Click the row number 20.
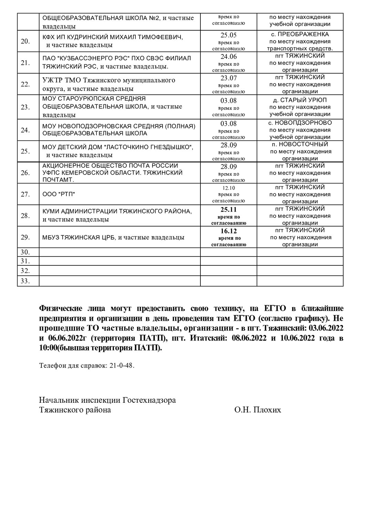click(25, 41)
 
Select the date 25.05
click(229, 35)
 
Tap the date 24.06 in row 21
click(229, 56)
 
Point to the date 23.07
click(229, 78)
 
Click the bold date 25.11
click(229, 210)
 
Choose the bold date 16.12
click(229, 231)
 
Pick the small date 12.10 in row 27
click(229, 188)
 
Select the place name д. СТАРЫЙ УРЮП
click(300, 100)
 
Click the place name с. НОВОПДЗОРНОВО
click(300, 123)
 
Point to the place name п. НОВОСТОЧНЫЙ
click(300, 144)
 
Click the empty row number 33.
click(25, 281)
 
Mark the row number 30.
click(25, 252)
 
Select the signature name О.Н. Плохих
click(257, 410)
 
